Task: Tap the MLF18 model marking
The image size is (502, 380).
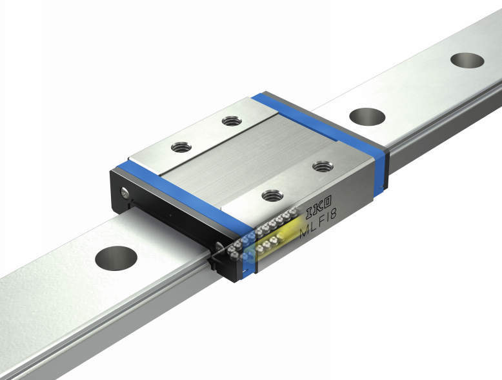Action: [x=318, y=223]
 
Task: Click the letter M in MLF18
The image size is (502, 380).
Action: [x=305, y=232]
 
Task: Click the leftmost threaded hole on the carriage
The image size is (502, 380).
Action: [x=181, y=147]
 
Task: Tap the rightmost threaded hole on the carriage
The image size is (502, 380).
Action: [x=323, y=166]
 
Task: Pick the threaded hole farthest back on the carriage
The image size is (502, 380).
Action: [x=232, y=121]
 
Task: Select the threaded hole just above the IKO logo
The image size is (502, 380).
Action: [x=272, y=195]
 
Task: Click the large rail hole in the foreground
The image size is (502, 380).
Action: [x=116, y=258]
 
